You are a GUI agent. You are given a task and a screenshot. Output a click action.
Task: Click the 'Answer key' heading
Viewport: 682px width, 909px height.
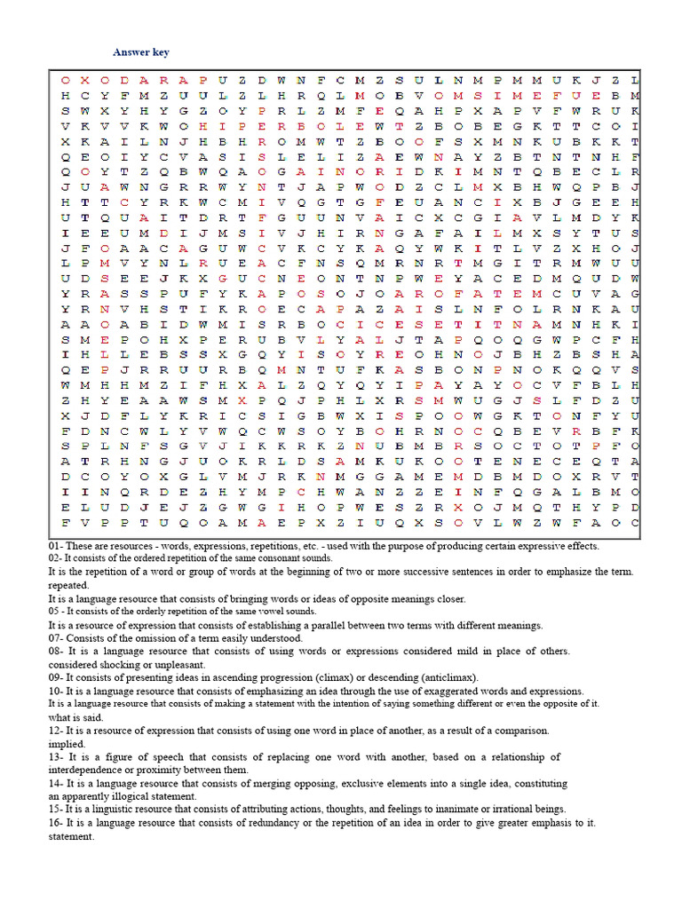click(140, 53)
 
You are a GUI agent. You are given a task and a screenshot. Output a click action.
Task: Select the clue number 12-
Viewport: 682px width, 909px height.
click(58, 731)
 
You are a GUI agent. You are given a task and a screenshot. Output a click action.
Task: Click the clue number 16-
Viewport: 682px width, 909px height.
click(58, 822)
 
